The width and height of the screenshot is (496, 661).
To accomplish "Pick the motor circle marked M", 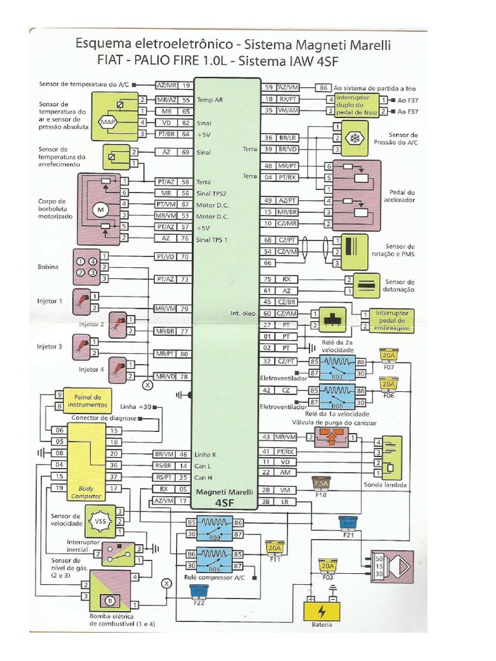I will click(100, 210).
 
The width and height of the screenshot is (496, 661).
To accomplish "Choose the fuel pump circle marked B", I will click(109, 601).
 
